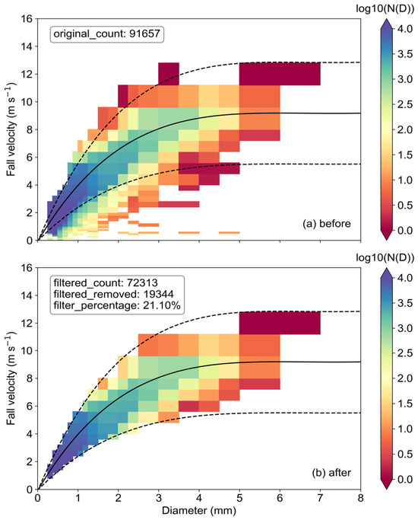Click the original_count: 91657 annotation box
107,33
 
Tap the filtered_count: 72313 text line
106,282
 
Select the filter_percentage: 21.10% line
117,305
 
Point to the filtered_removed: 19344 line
113,294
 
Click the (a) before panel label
326,224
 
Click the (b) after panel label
331,473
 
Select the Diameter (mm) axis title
199,510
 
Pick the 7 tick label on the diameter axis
320,498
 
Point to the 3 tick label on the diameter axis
159,498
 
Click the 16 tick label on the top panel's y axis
27,19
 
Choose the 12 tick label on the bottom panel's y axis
27,323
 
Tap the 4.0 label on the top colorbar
405,29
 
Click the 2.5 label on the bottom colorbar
405,353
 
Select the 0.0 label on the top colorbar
405,230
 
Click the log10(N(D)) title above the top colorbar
385,9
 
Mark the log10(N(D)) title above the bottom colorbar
385,257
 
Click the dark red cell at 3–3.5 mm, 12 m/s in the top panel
169,74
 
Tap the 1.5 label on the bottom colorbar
405,404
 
